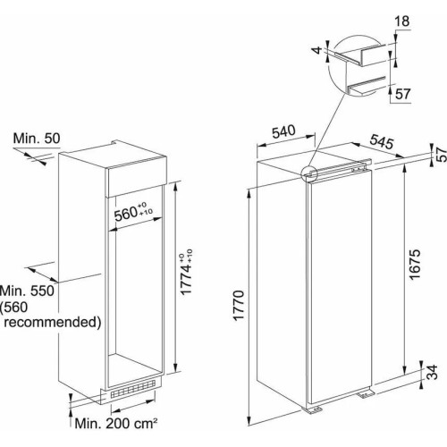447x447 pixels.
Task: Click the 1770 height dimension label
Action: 239,306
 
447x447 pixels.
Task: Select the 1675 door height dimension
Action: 415,265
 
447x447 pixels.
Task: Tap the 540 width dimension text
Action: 283,131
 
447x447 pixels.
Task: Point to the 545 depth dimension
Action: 382,142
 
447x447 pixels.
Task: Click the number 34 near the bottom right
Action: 433,372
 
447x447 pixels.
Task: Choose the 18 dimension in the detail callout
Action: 402,21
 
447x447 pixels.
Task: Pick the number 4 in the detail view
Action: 318,50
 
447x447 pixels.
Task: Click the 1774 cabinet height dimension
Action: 187,272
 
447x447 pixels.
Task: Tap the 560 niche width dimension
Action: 133,212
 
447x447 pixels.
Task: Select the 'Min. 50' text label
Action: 37,139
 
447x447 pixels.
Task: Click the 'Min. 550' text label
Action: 27,291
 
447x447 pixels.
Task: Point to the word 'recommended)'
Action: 53,323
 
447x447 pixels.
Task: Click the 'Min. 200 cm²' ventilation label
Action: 116,423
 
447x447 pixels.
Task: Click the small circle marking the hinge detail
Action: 309,174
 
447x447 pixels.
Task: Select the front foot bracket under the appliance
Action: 313,410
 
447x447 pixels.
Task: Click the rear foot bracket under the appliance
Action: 366,395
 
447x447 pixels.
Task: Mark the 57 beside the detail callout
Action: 403,94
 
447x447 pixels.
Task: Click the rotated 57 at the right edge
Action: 442,154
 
